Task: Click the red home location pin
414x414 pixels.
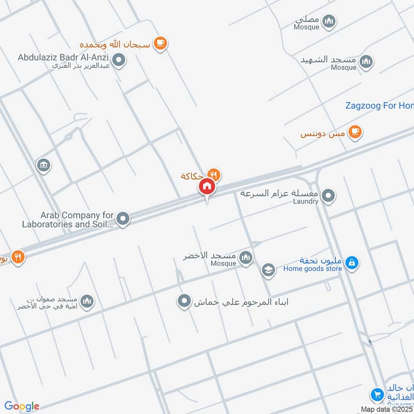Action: (207, 186)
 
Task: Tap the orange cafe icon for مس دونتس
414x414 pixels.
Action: (354, 131)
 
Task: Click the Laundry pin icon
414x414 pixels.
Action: (328, 196)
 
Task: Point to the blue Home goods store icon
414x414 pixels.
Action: (352, 263)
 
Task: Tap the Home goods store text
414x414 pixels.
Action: (313, 269)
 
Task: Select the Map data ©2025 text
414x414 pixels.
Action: (387, 409)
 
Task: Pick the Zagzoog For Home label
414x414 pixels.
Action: (379, 106)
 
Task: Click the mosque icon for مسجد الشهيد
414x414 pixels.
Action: (366, 62)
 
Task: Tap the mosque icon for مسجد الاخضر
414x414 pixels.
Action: (246, 257)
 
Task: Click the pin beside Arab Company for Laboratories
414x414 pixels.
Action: (123, 219)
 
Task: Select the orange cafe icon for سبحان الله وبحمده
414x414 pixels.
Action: (160, 43)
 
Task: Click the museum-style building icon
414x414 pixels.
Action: (43, 166)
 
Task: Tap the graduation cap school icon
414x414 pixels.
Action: (268, 269)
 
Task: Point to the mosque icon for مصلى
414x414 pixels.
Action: (329, 21)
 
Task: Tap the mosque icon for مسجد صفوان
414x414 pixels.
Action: (87, 301)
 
